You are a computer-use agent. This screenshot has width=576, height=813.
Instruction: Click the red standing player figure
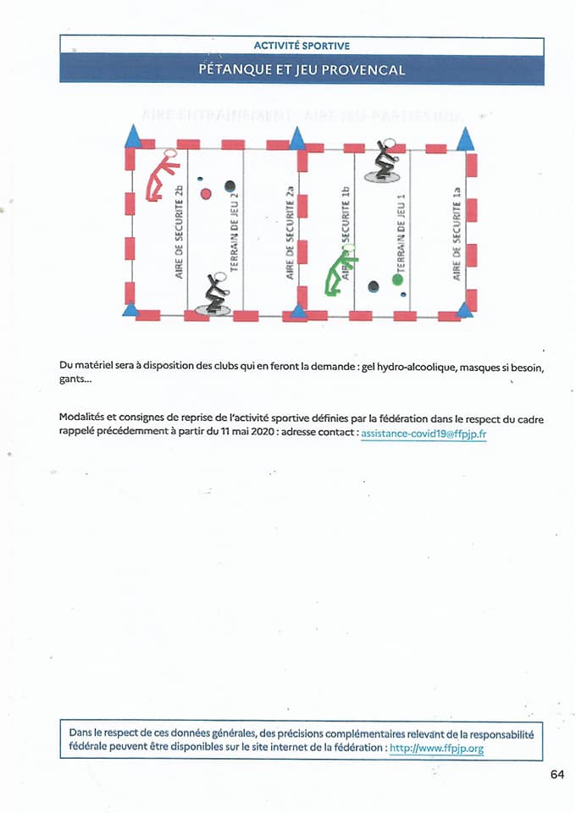point(161,176)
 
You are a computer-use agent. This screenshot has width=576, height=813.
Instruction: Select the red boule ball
point(206,194)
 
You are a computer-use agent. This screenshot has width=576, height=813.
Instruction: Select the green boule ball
point(397,279)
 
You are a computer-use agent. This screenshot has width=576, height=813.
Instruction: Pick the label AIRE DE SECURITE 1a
point(457,233)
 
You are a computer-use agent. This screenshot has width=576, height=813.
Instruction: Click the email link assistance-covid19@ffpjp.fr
point(423,433)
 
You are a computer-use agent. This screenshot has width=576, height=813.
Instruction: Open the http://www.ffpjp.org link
point(436,749)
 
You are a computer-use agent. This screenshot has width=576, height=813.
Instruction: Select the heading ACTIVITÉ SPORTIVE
point(301,45)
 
